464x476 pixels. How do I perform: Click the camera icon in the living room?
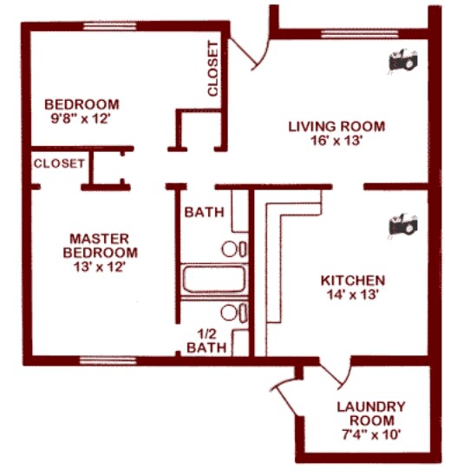tap(404, 62)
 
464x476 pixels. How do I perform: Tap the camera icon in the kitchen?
tap(403, 224)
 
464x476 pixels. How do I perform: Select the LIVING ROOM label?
tap(337, 127)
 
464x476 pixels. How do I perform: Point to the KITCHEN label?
tap(352, 281)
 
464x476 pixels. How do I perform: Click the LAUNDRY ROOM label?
tap(370, 413)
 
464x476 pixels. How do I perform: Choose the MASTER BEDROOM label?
tap(100, 246)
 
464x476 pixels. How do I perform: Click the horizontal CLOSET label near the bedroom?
tap(59, 162)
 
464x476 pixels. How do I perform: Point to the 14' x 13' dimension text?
tap(352, 294)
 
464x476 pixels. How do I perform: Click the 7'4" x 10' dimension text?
tap(370, 433)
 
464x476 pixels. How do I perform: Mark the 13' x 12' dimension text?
tap(100, 268)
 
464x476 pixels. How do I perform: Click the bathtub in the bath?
tap(213, 280)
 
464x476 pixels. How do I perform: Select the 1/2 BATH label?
tap(207, 339)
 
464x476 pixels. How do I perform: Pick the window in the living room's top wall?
tap(350, 36)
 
